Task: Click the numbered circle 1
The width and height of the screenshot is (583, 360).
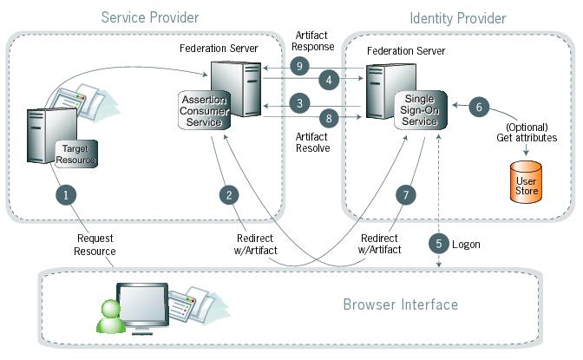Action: (x=64, y=193)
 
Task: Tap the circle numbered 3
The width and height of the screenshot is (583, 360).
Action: (x=299, y=103)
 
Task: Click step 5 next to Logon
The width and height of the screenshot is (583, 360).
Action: (x=439, y=244)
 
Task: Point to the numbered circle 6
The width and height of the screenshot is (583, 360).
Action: (x=481, y=107)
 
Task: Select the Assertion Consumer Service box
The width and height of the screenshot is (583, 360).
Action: (x=205, y=110)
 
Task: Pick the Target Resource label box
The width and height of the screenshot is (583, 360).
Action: (x=76, y=154)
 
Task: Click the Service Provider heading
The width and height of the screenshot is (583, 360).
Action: (x=150, y=17)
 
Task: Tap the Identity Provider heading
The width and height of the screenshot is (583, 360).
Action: (x=457, y=17)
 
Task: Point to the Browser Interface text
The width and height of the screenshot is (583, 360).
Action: (x=400, y=304)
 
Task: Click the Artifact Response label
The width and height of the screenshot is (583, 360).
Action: (x=313, y=40)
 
